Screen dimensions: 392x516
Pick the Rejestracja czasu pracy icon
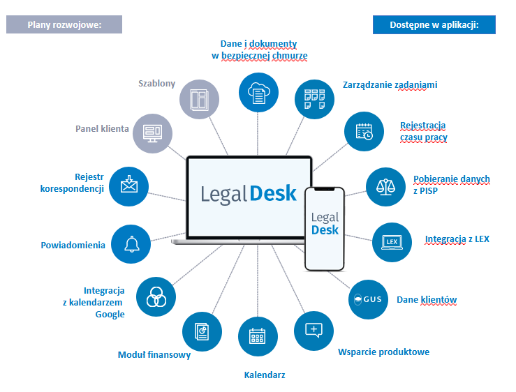point(364,132)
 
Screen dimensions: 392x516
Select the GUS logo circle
point(368,300)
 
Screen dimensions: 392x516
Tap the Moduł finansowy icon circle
point(202,331)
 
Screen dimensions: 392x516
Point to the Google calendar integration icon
point(155,297)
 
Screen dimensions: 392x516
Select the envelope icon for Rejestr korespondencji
point(129,186)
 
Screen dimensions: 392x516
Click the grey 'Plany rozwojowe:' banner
point(64,24)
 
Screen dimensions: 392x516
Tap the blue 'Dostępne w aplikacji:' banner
point(434,24)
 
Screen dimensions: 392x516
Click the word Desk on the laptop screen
point(274,193)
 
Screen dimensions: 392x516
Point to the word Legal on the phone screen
point(325,217)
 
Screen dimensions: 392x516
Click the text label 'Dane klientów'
point(427,300)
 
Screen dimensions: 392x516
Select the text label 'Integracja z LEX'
point(457,239)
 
